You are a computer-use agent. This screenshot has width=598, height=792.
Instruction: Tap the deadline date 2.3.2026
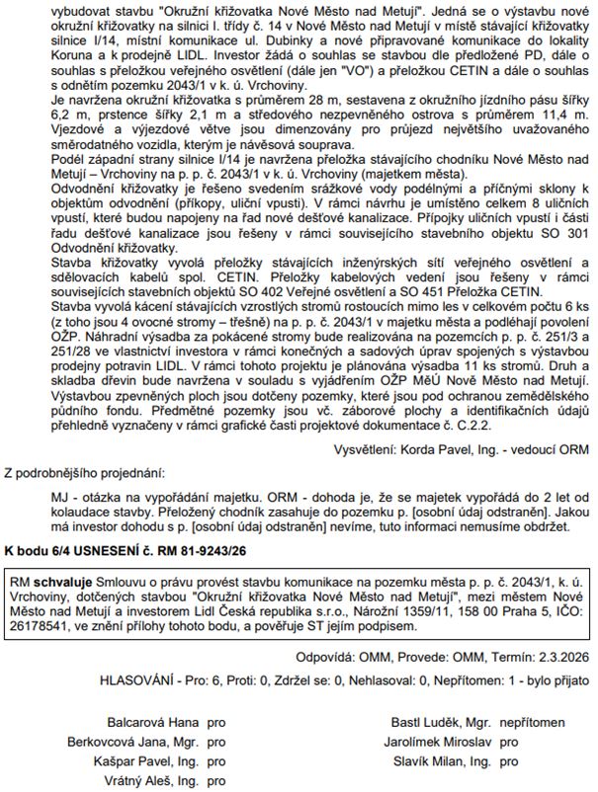[x=562, y=653]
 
